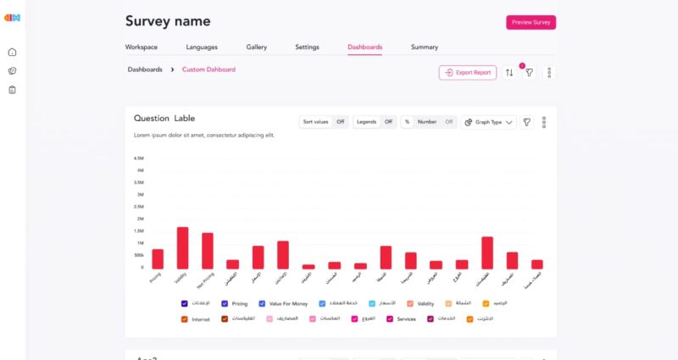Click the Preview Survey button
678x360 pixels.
pos(531,23)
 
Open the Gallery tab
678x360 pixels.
pos(256,47)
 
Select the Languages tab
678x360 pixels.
pos(202,47)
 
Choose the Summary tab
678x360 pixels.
pos(425,47)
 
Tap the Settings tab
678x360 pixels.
pos(307,47)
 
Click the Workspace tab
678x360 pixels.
pos(142,47)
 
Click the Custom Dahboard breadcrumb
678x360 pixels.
pos(208,69)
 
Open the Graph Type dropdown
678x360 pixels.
pos(489,122)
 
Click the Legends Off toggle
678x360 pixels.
pos(388,122)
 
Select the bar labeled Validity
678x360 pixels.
pos(182,248)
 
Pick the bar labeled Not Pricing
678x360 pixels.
pos(208,251)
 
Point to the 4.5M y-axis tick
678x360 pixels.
pos(139,158)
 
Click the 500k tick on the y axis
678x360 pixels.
pos(138,255)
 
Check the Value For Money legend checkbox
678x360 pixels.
pos(263,303)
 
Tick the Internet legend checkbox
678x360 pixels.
pos(185,319)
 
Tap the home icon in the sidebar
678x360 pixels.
pos(12,53)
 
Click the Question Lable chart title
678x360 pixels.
pos(164,119)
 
